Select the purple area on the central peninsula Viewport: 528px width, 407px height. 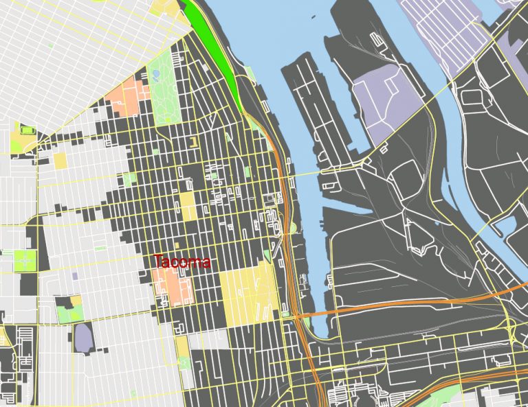pyautogui.click(x=388, y=106)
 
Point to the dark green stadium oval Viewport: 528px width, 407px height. pyautogui.click(x=27, y=130)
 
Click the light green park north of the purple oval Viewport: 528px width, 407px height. pyautogui.click(x=67, y=312)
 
